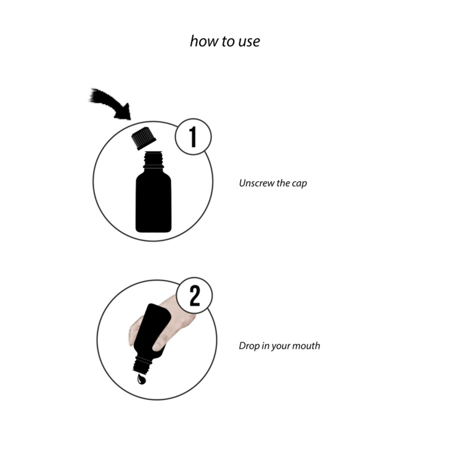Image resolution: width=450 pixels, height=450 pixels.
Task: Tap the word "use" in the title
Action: click(249, 42)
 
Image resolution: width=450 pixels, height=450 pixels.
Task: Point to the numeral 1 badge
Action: click(193, 137)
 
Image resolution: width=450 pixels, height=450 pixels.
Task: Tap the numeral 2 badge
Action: click(194, 296)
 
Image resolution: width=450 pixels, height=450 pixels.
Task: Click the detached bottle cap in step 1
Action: click(144, 138)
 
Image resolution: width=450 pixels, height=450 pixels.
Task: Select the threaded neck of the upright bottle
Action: click(153, 160)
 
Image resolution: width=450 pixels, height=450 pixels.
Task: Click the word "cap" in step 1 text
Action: click(300, 184)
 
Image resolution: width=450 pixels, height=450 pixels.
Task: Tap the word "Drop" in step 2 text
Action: click(249, 346)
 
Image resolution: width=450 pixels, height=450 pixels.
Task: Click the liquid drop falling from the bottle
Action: click(141, 379)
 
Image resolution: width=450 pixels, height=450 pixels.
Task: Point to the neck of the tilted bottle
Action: click(142, 365)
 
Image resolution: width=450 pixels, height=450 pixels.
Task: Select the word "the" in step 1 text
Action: click(283, 183)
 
